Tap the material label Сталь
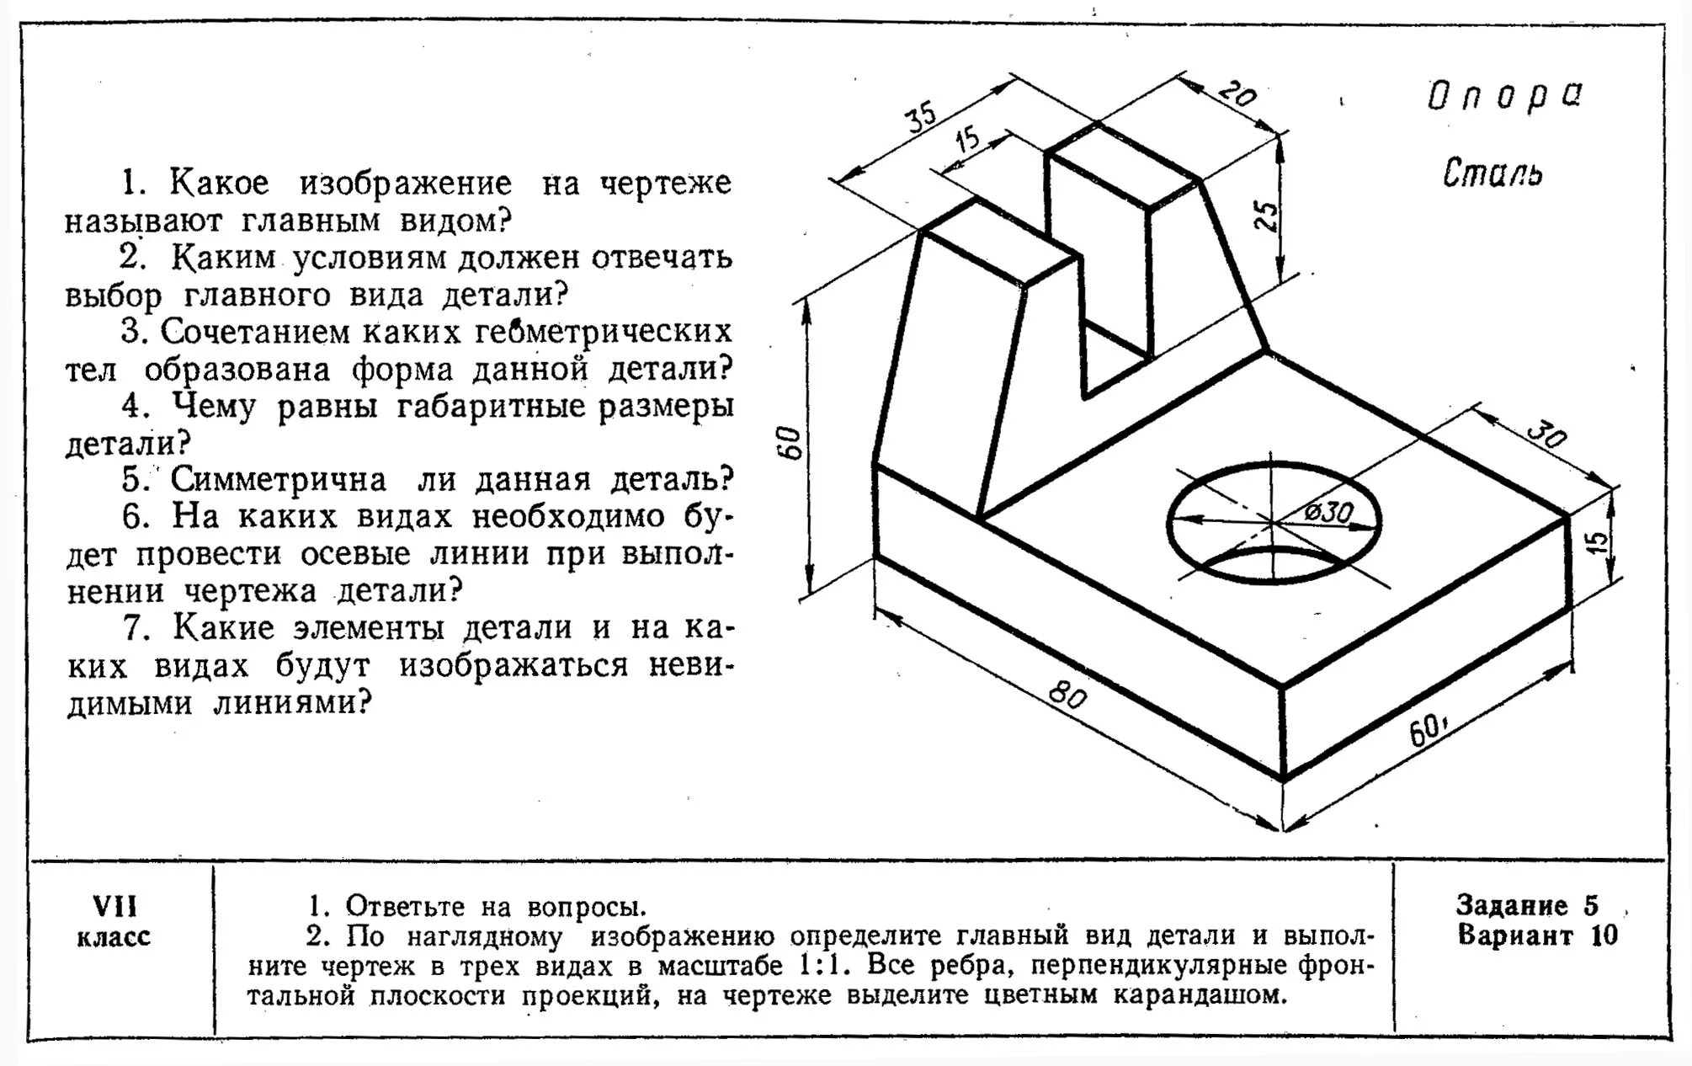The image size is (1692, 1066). [x=1492, y=173]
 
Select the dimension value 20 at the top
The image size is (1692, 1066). [x=1237, y=93]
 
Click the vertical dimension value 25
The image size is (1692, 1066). [x=1266, y=216]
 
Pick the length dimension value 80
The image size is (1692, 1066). [x=1067, y=696]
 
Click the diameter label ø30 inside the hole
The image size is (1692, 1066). [x=1328, y=511]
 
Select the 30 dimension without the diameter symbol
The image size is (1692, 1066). [x=1546, y=435]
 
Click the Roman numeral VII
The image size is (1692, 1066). [x=114, y=907]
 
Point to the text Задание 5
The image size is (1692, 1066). [x=1526, y=905]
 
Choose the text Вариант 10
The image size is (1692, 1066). [x=1537, y=935]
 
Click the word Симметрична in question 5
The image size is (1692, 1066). [x=279, y=480]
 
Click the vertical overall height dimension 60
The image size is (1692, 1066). [x=791, y=443]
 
